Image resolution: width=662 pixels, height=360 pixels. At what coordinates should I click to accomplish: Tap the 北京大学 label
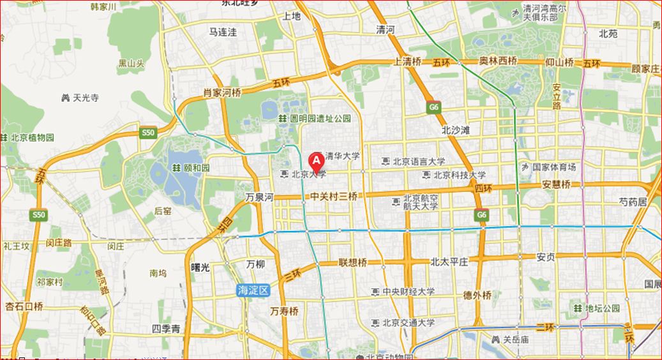309,174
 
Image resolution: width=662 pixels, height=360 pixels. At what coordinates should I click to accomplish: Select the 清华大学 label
342,156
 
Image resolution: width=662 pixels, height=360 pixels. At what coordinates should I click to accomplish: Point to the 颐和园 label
196,167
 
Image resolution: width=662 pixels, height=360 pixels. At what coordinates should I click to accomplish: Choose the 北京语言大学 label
419,161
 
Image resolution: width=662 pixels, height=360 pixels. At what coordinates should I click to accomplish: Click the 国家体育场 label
553,167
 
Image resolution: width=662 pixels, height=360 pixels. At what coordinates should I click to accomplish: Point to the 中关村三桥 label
334,197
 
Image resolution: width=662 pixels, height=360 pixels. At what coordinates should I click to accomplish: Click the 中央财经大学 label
409,292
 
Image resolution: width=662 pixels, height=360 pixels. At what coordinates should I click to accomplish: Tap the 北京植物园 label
32,137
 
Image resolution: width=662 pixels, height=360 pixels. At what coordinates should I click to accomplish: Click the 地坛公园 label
602,308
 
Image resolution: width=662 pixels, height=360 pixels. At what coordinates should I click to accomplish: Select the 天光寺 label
86,98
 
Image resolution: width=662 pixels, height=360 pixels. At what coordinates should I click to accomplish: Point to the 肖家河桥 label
222,93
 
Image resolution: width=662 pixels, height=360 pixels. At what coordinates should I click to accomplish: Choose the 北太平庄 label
449,262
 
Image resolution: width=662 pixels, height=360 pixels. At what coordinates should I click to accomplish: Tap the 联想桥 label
352,262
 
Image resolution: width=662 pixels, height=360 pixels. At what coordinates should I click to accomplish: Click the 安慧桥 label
556,184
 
